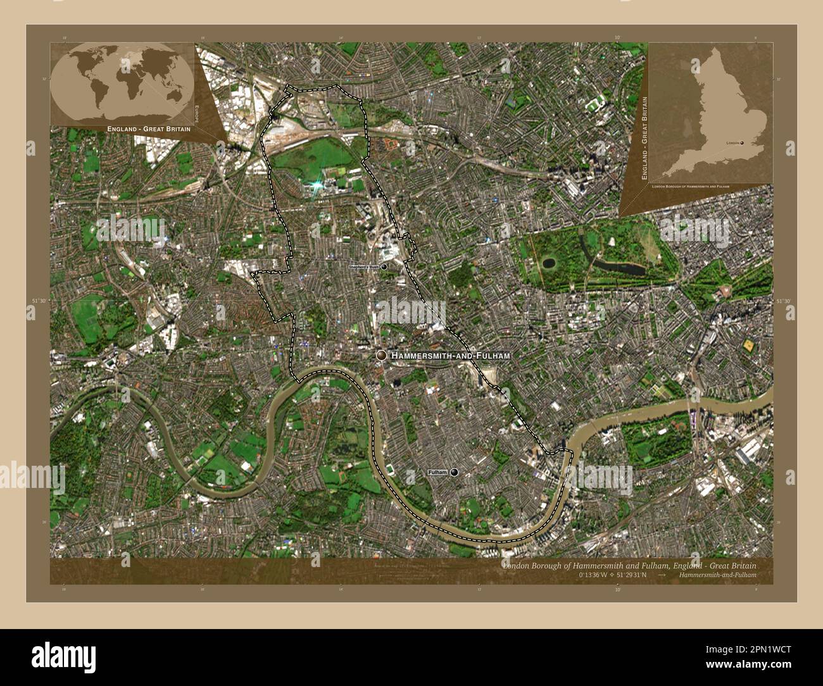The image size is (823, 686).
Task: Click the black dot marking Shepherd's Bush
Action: pyautogui.click(x=384, y=268)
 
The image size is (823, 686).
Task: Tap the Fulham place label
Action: pyautogui.click(x=437, y=473)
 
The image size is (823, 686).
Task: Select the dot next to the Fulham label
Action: pyautogui.click(x=454, y=473)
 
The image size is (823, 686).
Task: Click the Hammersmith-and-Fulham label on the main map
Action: pyautogui.click(x=450, y=356)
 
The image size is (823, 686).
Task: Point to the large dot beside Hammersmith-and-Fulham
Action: pyautogui.click(x=381, y=356)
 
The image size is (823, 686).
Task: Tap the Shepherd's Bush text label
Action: pyautogui.click(x=364, y=268)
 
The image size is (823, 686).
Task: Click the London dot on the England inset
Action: pyautogui.click(x=743, y=143)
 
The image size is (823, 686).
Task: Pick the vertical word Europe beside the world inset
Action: pyautogui.click(x=197, y=113)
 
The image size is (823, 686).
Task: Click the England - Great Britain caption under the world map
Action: pyautogui.click(x=149, y=129)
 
